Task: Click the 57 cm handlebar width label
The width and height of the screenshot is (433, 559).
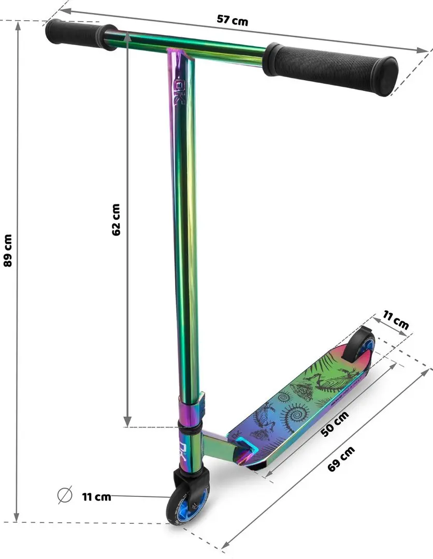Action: pos(233,21)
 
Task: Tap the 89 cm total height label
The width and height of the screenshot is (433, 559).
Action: pos(7,250)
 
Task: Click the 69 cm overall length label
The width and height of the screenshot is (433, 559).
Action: pos(341,459)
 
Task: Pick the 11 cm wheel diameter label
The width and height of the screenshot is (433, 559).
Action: pos(96,497)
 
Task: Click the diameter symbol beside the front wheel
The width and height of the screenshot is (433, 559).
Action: pos(64,496)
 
